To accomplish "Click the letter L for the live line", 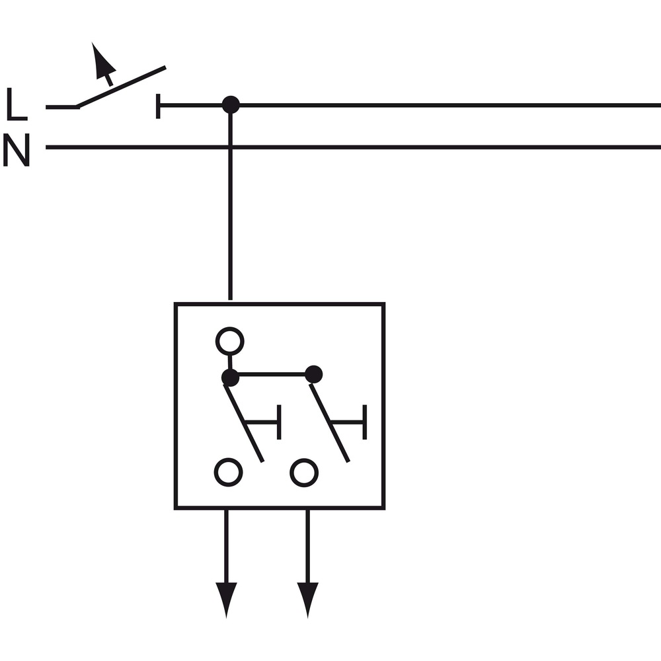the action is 17,104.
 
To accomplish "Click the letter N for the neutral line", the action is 17,149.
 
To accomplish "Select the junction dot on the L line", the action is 231,104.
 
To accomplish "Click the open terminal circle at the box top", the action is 230,341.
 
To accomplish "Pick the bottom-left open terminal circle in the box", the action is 229,472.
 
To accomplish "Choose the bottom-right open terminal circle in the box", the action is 304,473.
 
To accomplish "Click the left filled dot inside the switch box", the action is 231,377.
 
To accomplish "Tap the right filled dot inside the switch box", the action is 313,374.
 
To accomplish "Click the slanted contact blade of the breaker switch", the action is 120,87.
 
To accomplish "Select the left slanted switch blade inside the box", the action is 244,423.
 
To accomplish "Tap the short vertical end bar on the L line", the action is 158,106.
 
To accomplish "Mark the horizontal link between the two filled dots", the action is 272,374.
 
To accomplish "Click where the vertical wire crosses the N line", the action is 230,147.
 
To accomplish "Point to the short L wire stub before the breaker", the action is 62,107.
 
